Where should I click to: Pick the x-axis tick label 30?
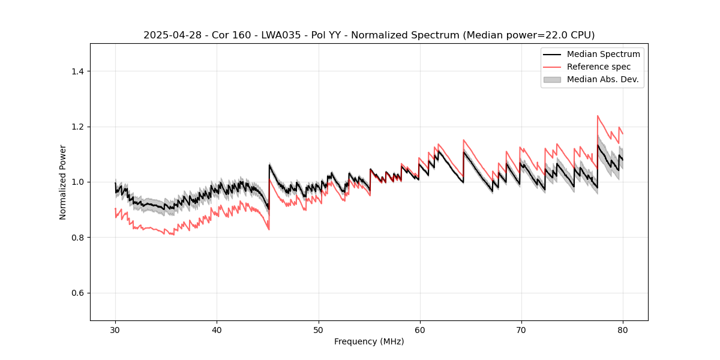point(115,330)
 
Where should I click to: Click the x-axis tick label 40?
point(217,330)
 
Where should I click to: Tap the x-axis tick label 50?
point(318,330)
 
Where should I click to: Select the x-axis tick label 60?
point(420,330)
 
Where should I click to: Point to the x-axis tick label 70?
point(521,330)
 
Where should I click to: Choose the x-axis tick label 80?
point(623,330)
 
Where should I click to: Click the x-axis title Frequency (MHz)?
point(369,341)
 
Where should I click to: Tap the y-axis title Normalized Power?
point(63,182)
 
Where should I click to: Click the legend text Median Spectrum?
point(603,54)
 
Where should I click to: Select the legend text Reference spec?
point(599,67)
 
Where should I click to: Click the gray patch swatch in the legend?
point(552,79)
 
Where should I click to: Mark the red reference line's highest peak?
point(598,116)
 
